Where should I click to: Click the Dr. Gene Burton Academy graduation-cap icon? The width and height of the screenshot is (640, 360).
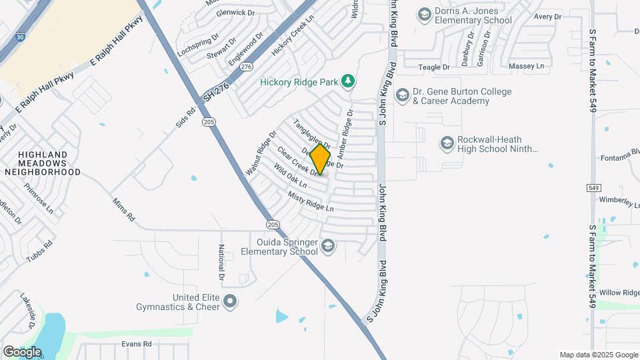pos(402,95)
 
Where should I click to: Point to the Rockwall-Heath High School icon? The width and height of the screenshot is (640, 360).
pos(447,143)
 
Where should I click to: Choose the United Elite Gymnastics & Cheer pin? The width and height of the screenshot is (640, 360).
pos(231,302)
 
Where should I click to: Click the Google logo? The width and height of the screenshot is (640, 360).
pos(23,351)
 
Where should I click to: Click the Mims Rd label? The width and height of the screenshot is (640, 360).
pos(123,209)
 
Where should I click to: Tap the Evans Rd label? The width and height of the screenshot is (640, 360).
pos(137,344)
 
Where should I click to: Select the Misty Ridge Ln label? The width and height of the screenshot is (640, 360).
pos(310,202)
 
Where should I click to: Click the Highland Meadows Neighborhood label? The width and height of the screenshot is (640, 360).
pos(43,162)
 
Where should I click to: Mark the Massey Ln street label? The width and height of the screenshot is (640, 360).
pos(527,67)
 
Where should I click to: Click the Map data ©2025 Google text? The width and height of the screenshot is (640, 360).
pos(598,355)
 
